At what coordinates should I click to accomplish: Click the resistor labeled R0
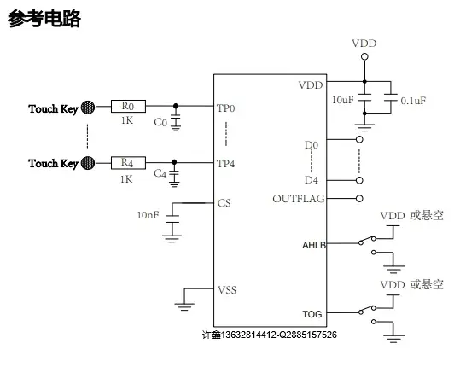(128, 106)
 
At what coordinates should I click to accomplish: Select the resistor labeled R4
(128, 163)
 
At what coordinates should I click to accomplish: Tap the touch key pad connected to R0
(88, 108)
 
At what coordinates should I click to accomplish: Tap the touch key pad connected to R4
(88, 163)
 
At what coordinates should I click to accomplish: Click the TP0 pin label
(226, 108)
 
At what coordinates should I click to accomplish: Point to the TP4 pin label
(225, 164)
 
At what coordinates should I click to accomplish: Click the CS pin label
(224, 203)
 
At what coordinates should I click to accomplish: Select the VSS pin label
(227, 290)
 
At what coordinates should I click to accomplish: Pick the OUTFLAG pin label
(299, 199)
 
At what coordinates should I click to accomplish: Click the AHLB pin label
(314, 245)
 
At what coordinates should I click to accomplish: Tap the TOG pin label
(312, 314)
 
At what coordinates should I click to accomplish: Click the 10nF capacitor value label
(148, 215)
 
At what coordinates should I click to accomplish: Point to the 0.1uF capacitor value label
(413, 101)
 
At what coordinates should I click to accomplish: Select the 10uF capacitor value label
(343, 100)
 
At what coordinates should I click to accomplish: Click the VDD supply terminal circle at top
(364, 56)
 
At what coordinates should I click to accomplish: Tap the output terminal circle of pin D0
(359, 139)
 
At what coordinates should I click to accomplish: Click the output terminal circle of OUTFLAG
(359, 199)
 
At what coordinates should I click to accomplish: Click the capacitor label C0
(160, 122)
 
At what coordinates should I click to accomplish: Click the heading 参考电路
(44, 19)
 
